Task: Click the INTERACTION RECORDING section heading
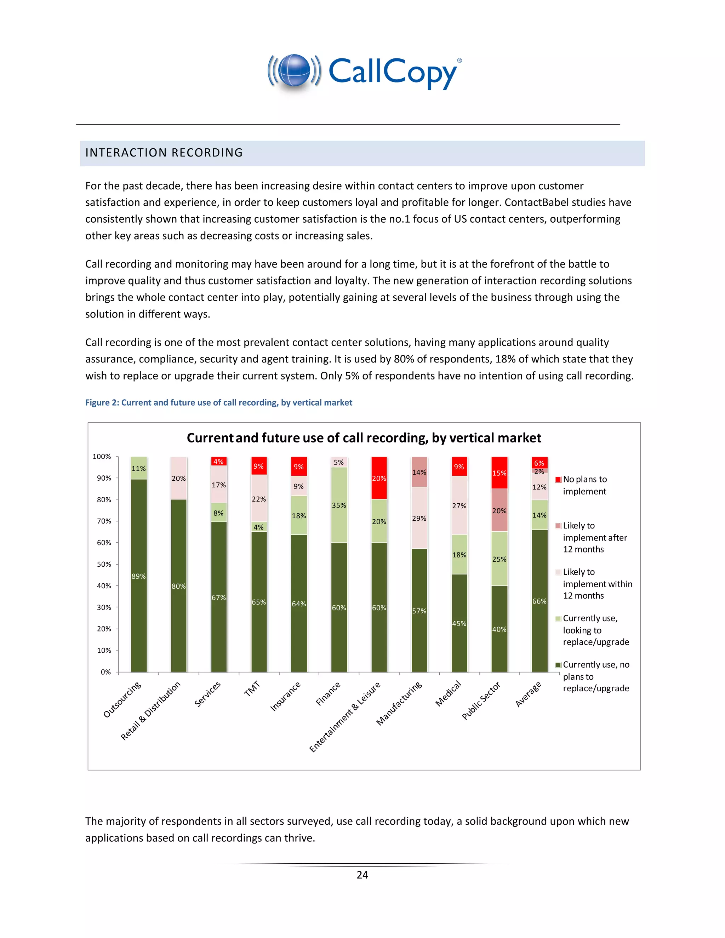pos(164,153)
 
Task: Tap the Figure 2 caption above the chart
pos(219,402)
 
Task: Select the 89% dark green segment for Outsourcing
pos(139,576)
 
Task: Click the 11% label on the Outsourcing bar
pos(138,469)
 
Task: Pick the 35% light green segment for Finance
pos(339,505)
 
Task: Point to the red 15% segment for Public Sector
pos(499,473)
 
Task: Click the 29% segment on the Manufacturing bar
pos(419,518)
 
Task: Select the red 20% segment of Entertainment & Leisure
pos(379,478)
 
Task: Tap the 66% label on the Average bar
pos(540,601)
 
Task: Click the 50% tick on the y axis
pos(103,564)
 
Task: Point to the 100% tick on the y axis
pos(102,456)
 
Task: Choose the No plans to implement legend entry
pos(584,485)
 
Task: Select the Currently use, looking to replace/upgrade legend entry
pos(595,630)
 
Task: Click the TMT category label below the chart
pos(252,688)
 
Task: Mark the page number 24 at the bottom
pos(362,874)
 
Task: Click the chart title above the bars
pos(364,437)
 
